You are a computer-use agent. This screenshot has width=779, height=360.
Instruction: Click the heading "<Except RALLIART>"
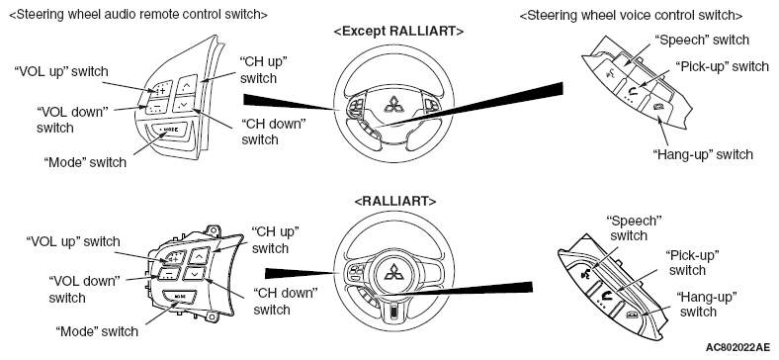coord(398,32)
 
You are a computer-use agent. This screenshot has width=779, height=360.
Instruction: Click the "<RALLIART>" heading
coord(395,202)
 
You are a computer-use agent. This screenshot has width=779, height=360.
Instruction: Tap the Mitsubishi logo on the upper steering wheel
coord(395,104)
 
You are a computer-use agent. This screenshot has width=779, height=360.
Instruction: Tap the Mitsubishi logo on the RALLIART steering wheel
coord(395,273)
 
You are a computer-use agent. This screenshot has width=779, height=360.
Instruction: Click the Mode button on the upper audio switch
coord(167,130)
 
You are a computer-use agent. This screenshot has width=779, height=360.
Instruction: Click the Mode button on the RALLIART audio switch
coord(179,297)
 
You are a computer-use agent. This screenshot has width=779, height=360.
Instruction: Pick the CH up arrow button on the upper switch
coord(187,85)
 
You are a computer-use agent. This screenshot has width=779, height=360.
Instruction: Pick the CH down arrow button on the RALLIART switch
coord(194,273)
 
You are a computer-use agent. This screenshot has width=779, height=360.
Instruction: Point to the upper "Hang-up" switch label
coord(703,154)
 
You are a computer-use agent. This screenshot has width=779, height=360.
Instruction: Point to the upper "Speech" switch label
coord(702,40)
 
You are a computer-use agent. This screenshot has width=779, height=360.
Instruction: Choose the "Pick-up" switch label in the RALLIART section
coord(692,262)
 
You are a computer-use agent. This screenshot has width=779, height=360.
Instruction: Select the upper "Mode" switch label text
coord(85,162)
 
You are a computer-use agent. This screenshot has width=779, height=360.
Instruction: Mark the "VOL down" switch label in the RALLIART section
coord(84,290)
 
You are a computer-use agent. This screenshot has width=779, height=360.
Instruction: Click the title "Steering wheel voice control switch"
coord(631,15)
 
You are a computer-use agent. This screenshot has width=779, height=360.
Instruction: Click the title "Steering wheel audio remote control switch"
coord(138,15)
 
